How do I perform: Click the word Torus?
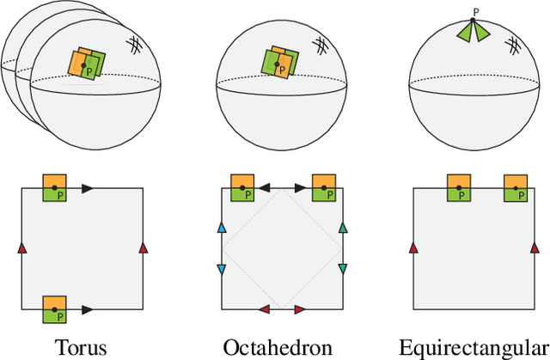coord(82,347)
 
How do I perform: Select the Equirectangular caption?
coord(474,347)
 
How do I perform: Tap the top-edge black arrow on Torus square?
coord(89,186)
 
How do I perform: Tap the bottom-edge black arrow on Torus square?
coord(89,308)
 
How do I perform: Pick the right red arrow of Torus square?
coord(144,247)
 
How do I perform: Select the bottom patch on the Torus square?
coord(54,308)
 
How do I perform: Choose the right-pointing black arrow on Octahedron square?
coord(299,186)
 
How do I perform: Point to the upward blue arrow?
coord(222,228)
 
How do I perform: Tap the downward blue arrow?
coord(222,268)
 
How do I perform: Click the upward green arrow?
coord(343,228)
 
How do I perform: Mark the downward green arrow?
coord(343,268)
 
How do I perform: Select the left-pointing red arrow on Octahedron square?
coord(266,308)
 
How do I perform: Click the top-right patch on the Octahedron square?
coord(324,187)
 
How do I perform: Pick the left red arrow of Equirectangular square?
coord(413,247)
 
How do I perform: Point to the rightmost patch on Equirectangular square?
coord(516,188)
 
